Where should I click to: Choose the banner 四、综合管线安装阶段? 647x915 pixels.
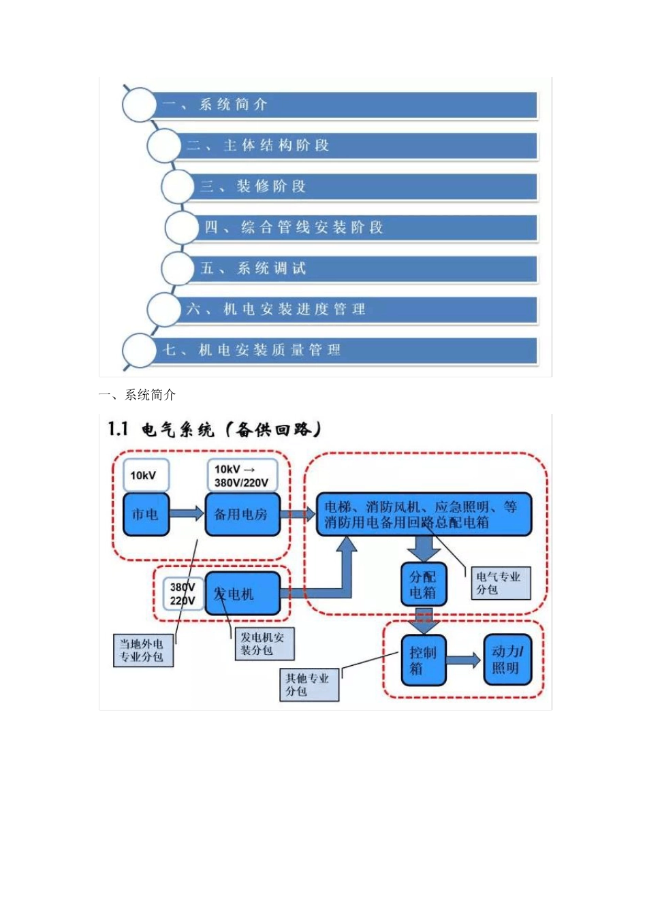click(368, 227)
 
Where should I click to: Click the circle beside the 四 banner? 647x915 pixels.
click(182, 227)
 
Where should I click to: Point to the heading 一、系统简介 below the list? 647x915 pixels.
click(138, 395)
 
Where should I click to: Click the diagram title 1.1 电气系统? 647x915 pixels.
click(214, 429)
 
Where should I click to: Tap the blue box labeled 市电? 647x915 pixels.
click(146, 515)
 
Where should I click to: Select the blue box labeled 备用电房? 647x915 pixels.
click(242, 515)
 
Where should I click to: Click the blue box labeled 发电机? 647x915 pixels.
click(242, 594)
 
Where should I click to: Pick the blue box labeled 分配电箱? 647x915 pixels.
click(423, 584)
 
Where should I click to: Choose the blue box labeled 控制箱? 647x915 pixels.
click(423, 660)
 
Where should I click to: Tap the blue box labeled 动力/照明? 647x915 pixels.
click(507, 660)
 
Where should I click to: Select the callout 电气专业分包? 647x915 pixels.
click(501, 583)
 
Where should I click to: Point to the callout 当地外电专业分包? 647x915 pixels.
click(142, 650)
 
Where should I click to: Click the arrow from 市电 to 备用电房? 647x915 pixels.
click(187, 514)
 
